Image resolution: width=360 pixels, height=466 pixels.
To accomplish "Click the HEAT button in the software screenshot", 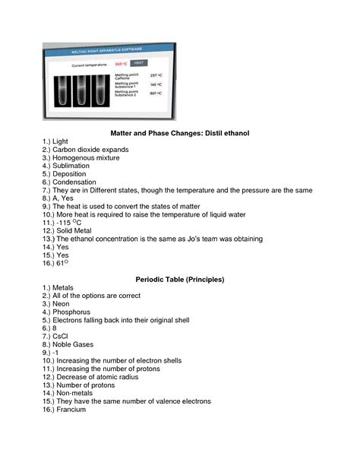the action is click(141, 64).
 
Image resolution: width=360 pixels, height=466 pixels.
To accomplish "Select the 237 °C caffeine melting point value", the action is click(156, 75).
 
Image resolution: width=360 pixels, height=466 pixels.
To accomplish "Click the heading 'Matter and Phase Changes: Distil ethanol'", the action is click(179, 133).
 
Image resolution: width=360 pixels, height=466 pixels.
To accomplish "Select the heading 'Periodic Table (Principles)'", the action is click(179, 280).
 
